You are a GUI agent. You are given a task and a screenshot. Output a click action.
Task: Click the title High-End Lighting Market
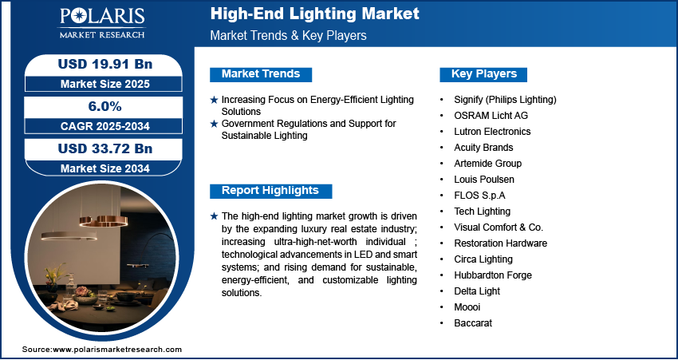315,14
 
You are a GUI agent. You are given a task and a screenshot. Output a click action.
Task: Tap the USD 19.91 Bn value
105,64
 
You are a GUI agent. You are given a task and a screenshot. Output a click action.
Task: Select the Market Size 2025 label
105,84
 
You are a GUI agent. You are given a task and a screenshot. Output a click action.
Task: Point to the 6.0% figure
105,106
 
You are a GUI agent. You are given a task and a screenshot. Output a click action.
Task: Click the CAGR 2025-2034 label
105,126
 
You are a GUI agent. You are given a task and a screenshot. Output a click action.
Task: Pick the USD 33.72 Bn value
105,148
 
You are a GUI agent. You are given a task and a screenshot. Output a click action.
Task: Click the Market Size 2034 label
105,168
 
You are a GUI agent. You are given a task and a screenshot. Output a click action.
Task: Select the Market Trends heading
261,74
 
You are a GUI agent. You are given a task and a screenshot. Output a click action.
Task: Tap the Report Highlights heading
270,191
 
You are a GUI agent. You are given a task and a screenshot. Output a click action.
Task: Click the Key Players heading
484,74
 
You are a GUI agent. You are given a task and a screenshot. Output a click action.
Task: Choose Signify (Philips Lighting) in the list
505,100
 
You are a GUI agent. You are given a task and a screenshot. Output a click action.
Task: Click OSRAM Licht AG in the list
491,116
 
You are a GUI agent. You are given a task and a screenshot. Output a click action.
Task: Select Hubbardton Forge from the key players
493,275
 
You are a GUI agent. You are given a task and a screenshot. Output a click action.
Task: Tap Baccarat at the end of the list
473,323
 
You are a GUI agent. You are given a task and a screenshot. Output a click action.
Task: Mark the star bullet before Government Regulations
214,125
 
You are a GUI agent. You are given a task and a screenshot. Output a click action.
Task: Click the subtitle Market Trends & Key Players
289,35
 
